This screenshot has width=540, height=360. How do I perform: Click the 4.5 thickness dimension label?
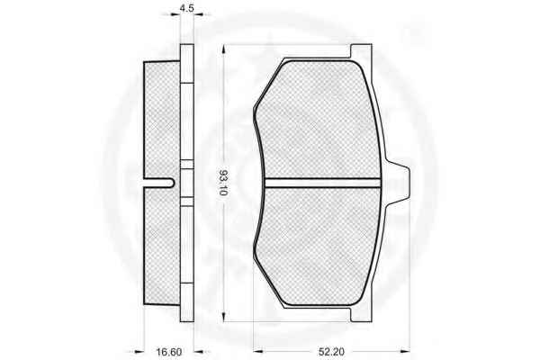(x=187, y=7)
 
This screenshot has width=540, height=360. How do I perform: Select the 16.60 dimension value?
(x=169, y=352)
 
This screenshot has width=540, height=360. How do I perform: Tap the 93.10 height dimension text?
(x=223, y=183)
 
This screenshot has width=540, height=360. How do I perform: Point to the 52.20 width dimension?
(x=331, y=352)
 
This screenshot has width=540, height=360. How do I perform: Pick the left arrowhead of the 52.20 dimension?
(x=258, y=351)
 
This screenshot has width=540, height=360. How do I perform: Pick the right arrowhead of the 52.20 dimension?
(x=405, y=351)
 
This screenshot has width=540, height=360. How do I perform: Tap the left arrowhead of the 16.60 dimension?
(x=139, y=351)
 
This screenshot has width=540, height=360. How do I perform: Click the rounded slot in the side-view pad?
(x=160, y=183)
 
